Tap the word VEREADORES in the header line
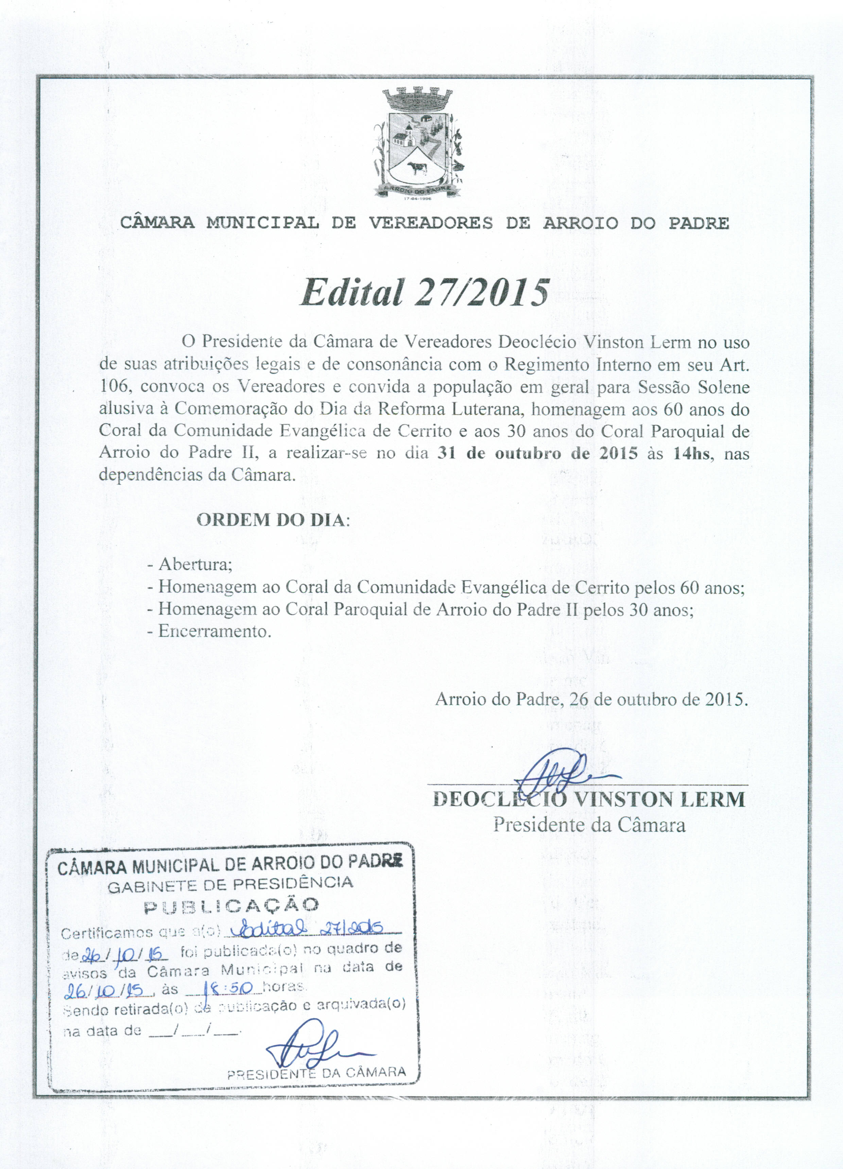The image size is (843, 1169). pyautogui.click(x=430, y=223)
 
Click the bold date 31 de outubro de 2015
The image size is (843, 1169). pyautogui.click(x=537, y=454)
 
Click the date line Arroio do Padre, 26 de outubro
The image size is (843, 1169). pyautogui.click(x=591, y=699)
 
